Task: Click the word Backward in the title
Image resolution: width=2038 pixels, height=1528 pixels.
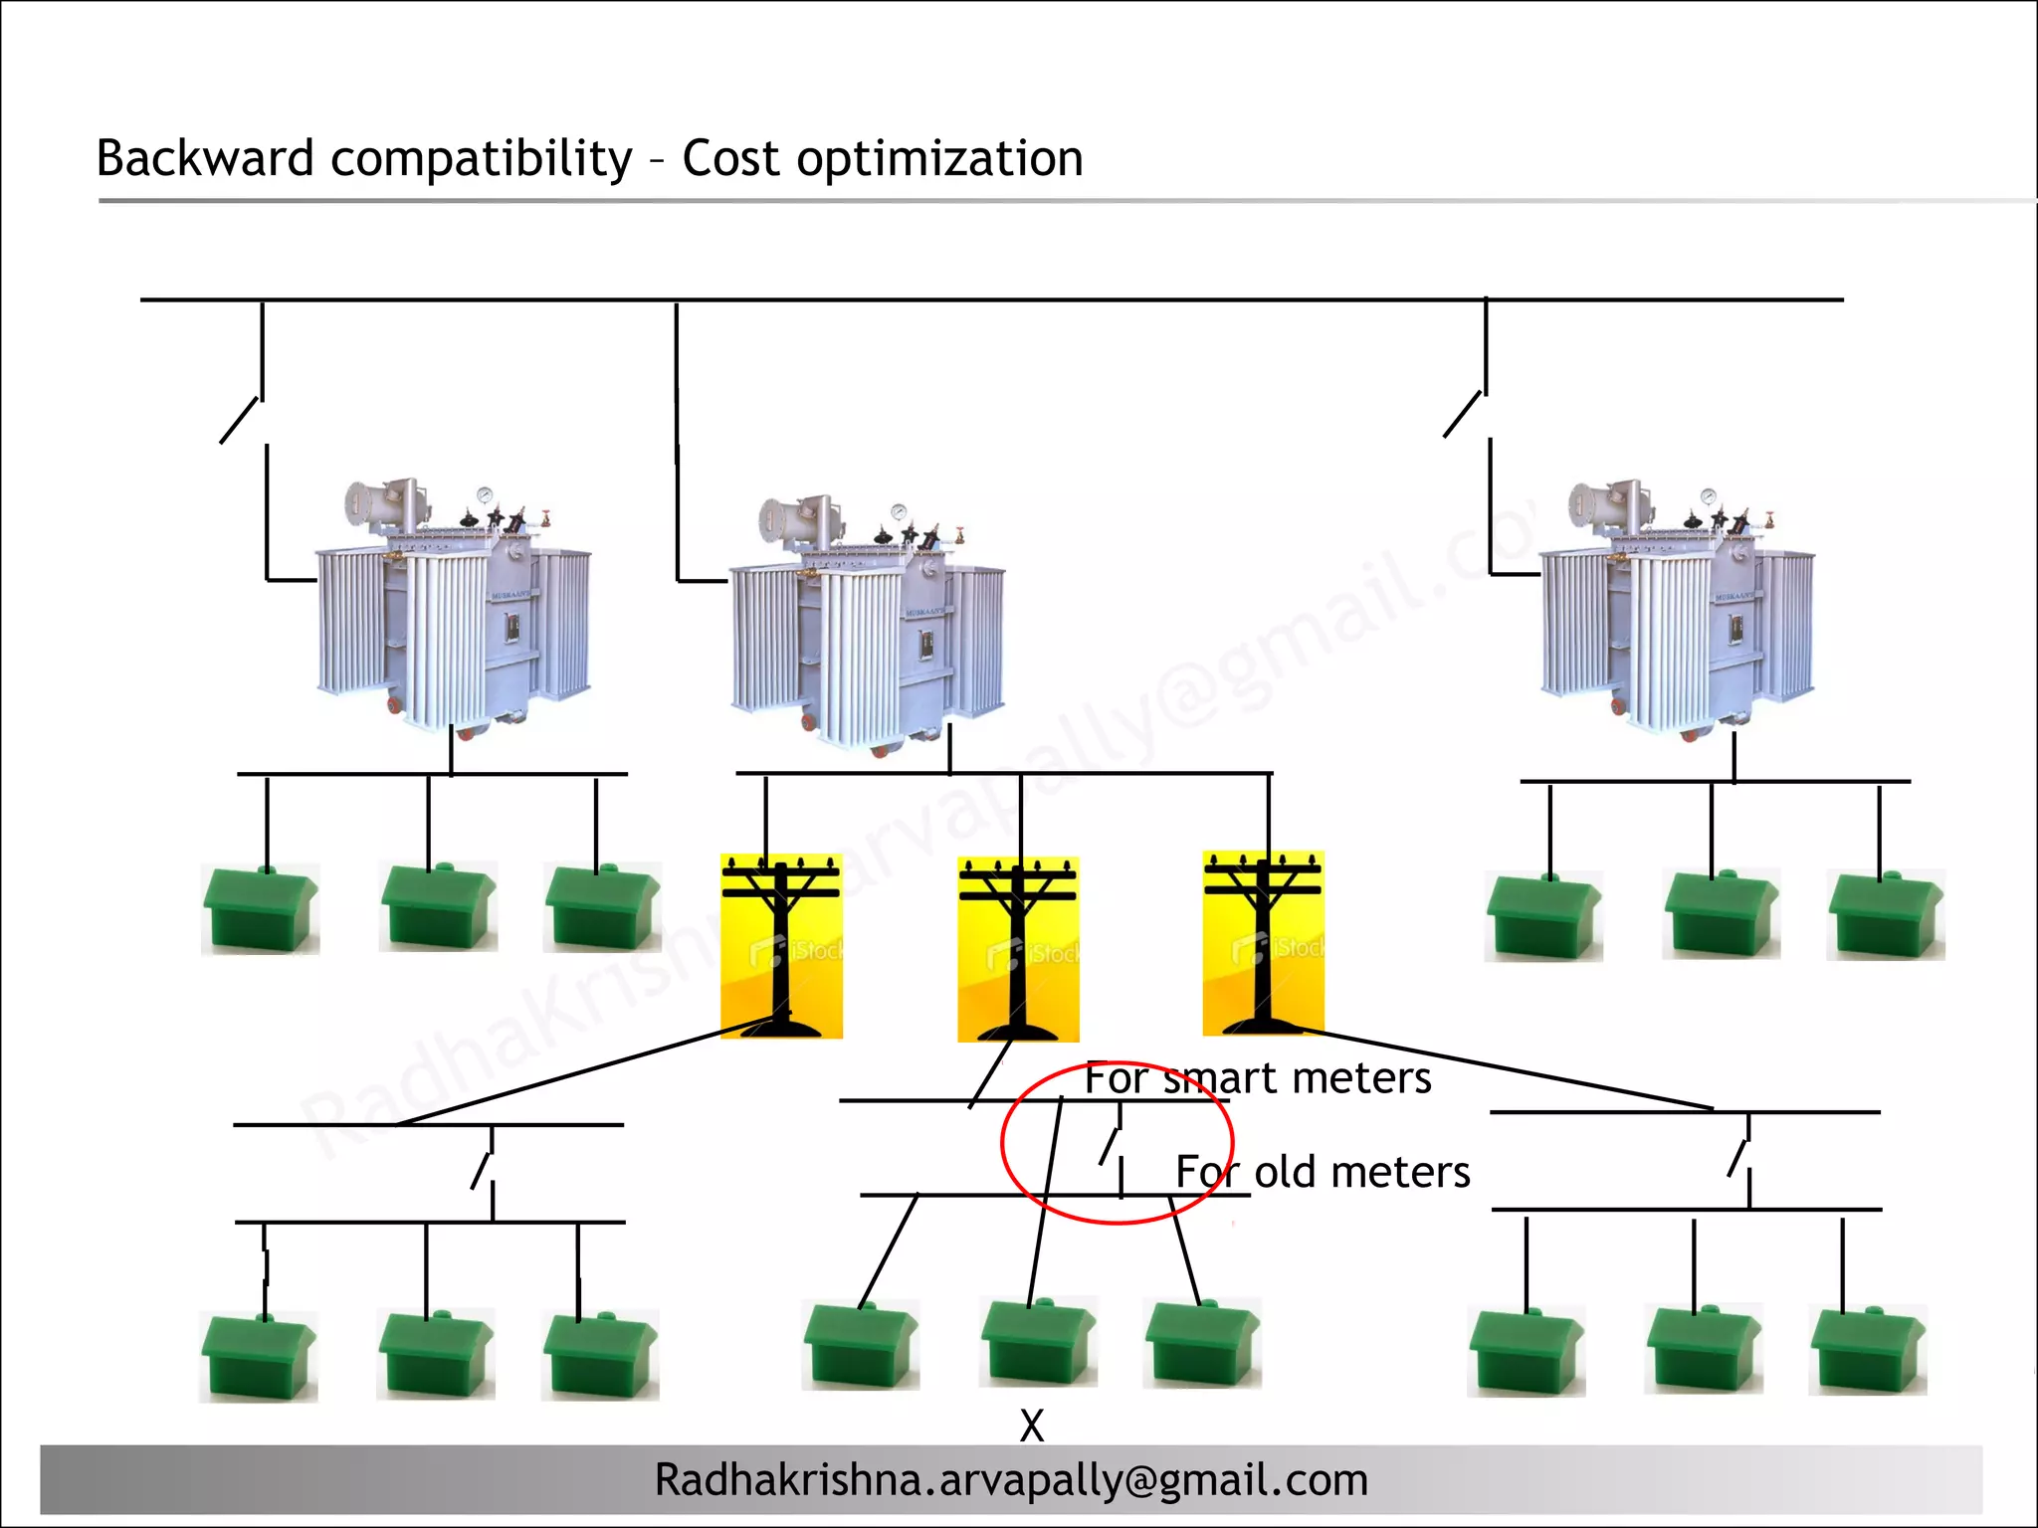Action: [x=205, y=159]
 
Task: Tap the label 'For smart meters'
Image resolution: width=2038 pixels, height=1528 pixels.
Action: [x=1258, y=1078]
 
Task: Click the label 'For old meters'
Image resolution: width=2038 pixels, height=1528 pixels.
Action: [x=1323, y=1172]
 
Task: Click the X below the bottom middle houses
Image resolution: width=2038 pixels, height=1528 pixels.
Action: [x=1032, y=1426]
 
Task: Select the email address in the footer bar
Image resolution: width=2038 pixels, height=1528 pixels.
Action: [x=1011, y=1480]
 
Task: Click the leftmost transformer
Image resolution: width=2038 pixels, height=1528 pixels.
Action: [x=454, y=607]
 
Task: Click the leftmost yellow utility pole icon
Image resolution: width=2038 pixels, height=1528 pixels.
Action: [x=781, y=946]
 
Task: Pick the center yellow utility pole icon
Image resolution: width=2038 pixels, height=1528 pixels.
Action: [x=1018, y=949]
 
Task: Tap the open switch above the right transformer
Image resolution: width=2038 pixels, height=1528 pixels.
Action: [x=1464, y=415]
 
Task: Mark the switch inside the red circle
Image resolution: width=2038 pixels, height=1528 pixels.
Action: [x=1111, y=1146]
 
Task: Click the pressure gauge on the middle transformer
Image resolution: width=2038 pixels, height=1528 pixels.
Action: [x=900, y=511]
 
